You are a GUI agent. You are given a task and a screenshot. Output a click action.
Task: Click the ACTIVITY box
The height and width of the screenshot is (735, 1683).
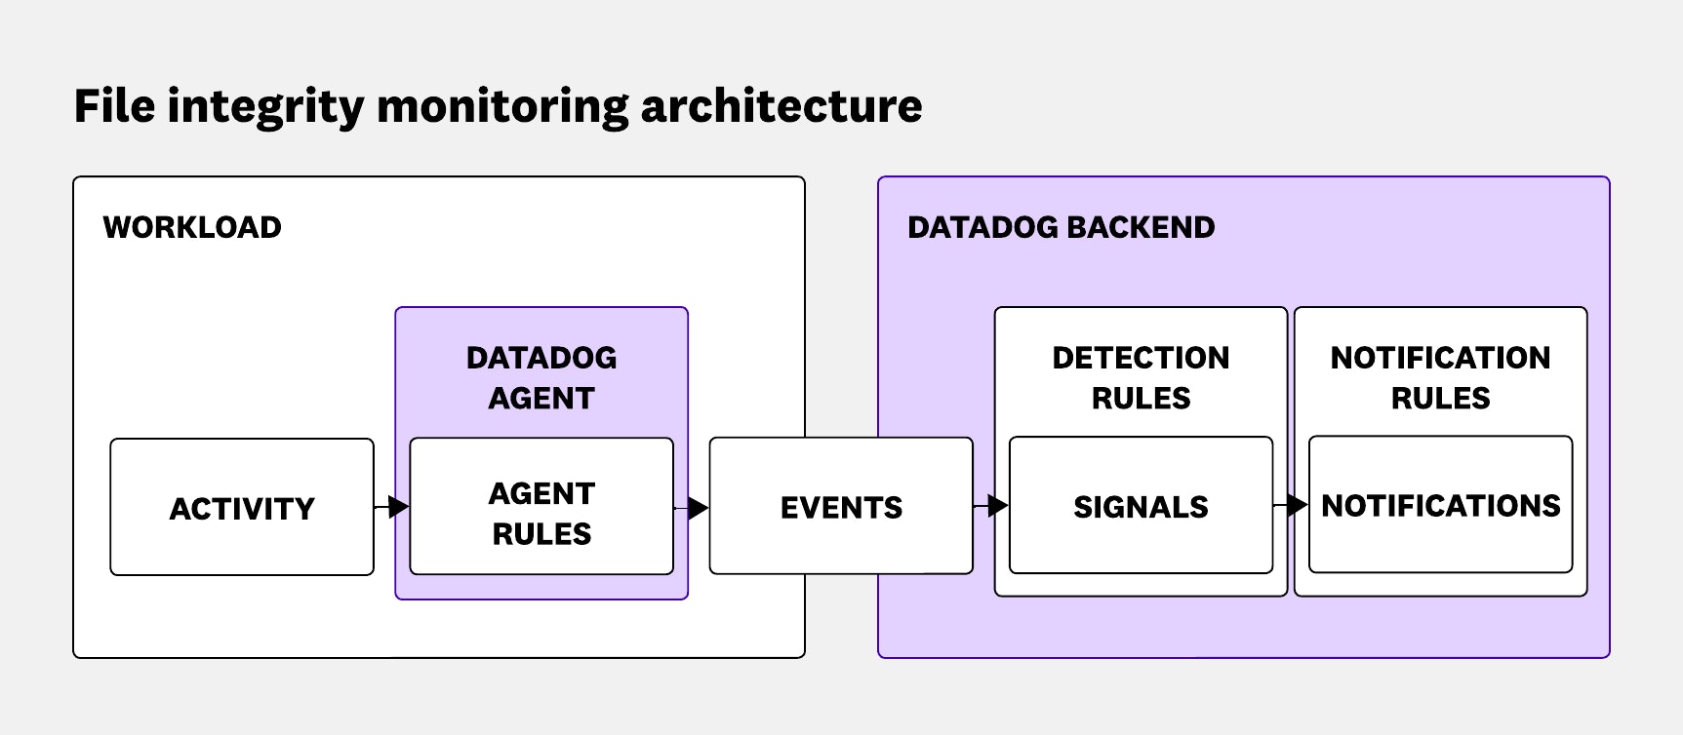coord(242,507)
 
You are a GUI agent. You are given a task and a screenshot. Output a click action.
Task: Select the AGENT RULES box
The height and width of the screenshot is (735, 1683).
coord(541,507)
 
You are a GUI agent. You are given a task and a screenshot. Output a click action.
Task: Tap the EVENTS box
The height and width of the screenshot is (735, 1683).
coord(841,507)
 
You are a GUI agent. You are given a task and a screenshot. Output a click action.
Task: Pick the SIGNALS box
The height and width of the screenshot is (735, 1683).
coord(1141,507)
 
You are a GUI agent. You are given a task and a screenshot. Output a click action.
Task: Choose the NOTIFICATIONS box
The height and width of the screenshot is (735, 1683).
coord(1440,506)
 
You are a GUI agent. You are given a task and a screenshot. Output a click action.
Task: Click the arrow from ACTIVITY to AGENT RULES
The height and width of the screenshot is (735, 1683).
coord(394,507)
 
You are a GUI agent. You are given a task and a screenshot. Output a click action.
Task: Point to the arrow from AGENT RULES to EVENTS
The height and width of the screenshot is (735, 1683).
coord(694,508)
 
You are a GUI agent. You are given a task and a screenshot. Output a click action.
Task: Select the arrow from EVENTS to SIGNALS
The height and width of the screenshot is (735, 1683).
coord(993,506)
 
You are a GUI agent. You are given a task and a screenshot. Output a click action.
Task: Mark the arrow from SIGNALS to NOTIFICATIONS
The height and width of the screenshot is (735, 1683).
coord(1293,505)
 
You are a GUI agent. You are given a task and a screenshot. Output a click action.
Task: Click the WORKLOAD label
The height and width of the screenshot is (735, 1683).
coord(192,227)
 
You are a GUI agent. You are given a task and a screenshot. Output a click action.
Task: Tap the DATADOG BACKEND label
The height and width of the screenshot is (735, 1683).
coord(1061,227)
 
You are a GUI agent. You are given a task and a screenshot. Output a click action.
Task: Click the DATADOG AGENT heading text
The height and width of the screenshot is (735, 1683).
coord(541,377)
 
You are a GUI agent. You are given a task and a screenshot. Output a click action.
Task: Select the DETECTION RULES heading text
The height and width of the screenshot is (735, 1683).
coord(1141,377)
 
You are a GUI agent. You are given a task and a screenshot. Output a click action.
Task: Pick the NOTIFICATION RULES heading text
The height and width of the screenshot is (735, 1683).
coord(1440,377)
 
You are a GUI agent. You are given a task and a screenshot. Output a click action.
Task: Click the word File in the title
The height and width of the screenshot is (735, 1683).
coord(113,105)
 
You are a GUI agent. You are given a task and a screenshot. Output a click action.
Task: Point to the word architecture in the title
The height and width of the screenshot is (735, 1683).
coord(781,105)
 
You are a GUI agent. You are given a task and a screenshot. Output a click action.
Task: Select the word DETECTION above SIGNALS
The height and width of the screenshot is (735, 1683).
coord(1141,358)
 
